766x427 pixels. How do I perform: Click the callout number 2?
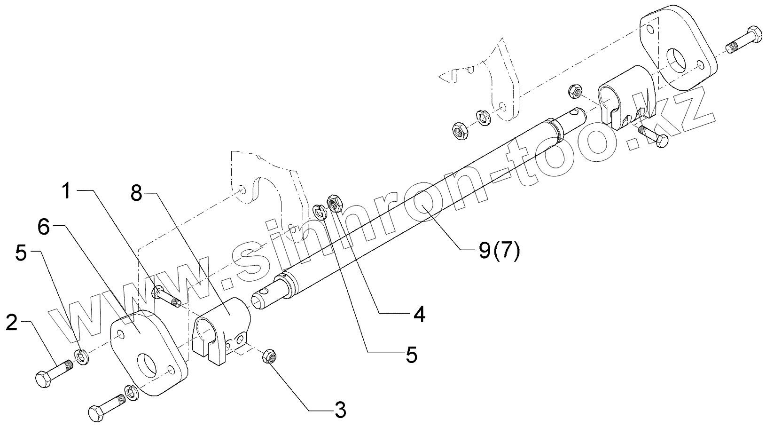(12, 324)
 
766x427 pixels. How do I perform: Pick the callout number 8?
(136, 192)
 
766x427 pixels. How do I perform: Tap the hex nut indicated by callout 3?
(268, 356)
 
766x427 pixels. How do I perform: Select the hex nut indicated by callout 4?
(335, 203)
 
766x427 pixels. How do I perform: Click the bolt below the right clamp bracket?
(653, 137)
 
